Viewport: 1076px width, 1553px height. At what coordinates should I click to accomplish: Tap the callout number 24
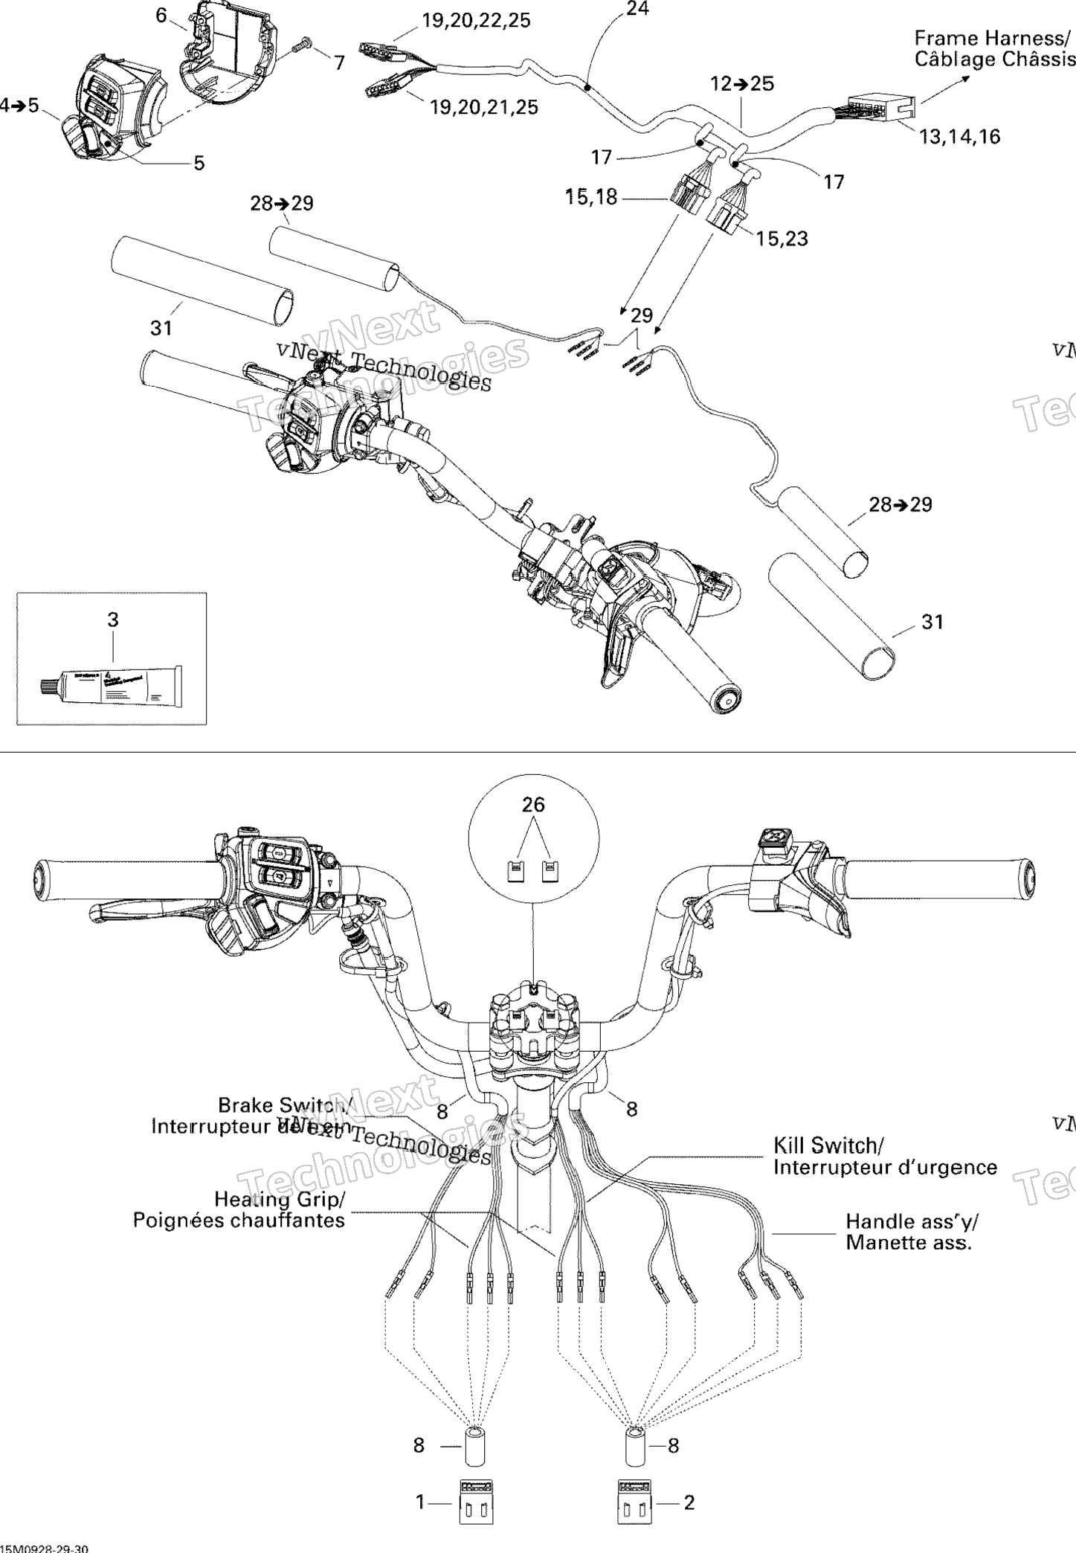coord(637,9)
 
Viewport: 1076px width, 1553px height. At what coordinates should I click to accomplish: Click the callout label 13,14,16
coord(959,136)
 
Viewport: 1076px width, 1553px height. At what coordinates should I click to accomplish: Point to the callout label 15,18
coord(590,198)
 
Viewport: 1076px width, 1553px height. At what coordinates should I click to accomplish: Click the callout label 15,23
coord(782,238)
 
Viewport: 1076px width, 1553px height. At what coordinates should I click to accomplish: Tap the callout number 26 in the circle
coord(533,804)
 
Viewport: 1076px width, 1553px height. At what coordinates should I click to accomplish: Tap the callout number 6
coord(161,14)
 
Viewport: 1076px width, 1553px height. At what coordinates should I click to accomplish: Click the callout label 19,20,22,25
coord(476,21)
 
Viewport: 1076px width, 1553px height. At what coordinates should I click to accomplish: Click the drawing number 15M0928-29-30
coord(45,1547)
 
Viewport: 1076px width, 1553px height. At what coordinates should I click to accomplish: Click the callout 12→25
coord(742,83)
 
